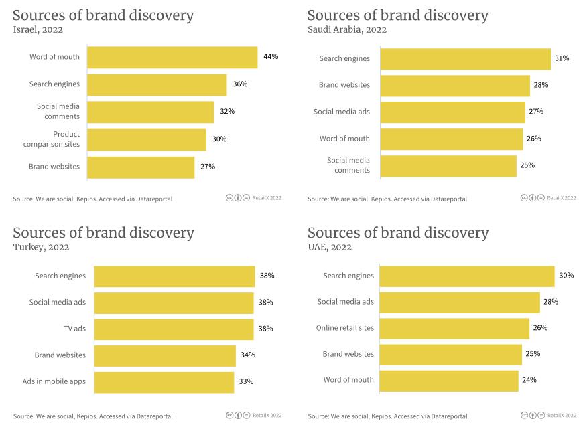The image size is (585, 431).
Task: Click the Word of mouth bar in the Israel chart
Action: tap(172, 57)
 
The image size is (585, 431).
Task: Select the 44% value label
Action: tap(271, 57)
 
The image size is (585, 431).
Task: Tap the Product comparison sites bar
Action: tap(147, 139)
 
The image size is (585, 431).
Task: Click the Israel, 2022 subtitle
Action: tap(38, 29)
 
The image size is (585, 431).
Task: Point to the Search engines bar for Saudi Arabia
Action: tap(465, 58)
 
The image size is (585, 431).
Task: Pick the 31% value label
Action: tap(562, 58)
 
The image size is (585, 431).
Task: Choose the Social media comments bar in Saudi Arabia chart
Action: tap(448, 165)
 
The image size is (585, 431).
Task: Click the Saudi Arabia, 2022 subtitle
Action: tap(346, 29)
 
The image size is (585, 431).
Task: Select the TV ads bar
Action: tap(174, 329)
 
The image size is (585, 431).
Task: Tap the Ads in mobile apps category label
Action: tap(54, 382)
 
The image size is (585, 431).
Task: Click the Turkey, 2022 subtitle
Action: tap(41, 247)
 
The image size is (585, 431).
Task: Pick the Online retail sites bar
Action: tap(454, 328)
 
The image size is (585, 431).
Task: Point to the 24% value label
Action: tap(529, 380)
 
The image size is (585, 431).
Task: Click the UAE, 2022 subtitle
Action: tap(330, 247)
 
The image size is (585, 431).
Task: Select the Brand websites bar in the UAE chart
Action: tap(451, 354)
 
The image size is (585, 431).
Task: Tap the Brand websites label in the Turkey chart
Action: tap(60, 355)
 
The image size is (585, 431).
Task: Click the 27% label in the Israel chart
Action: tap(207, 167)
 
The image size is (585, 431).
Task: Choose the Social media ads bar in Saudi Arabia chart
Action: tap(452, 112)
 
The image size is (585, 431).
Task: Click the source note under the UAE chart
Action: tap(387, 416)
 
